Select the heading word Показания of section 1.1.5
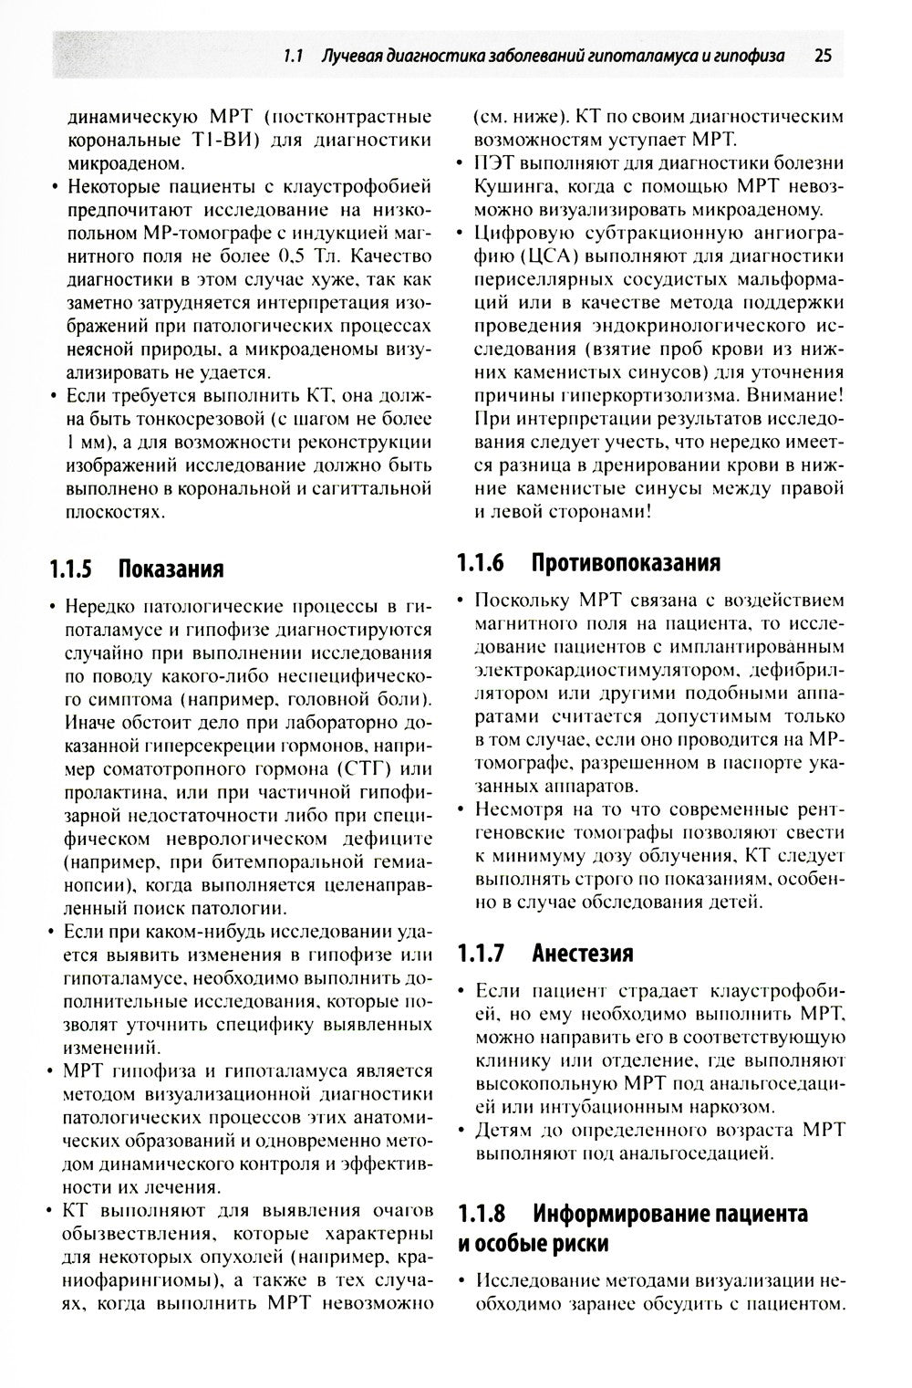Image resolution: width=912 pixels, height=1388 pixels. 171,569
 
